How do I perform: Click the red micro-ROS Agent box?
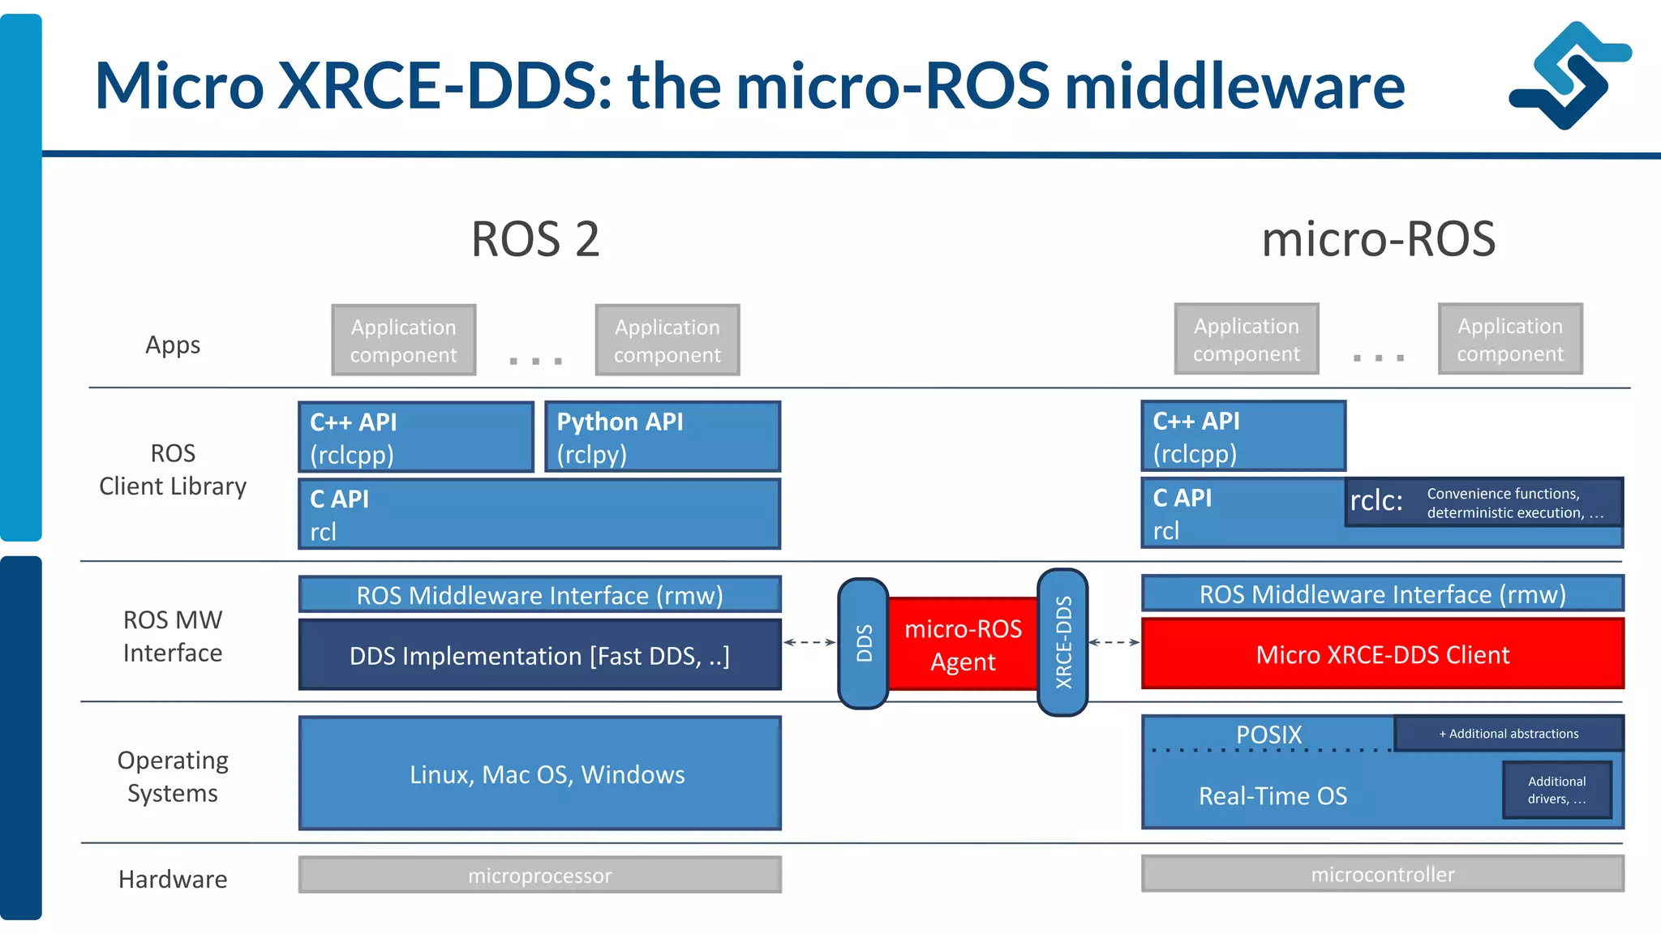963,645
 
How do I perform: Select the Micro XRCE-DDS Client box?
1382,654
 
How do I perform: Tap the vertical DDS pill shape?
864,644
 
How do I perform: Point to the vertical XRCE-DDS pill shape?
1062,642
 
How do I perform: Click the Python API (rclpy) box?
662,437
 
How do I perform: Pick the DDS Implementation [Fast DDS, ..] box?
539,655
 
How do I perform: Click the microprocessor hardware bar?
539,876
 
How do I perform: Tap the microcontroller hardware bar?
1382,874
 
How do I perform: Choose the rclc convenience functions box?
1484,503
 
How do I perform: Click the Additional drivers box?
1556,790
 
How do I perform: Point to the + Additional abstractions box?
1509,734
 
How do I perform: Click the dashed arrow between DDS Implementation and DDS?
809,642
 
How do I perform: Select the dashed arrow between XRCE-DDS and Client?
1114,642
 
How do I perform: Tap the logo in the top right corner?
1569,75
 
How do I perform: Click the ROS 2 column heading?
535,239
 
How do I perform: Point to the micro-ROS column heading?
1378,239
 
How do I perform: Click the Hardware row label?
173,879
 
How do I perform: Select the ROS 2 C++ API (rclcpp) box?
415,437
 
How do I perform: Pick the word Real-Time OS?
1273,796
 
